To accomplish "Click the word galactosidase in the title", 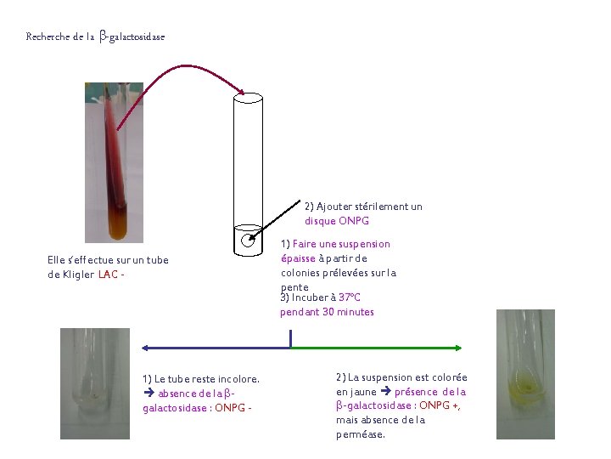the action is coord(137,37).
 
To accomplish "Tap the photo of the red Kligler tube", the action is coord(114,161).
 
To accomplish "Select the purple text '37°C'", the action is coord(350,297).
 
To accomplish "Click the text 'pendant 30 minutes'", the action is coord(327,312).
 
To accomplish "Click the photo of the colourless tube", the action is coord(94,382).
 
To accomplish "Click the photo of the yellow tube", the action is coord(524,374).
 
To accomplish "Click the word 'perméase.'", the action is coord(361,434).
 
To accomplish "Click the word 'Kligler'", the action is coord(80,274).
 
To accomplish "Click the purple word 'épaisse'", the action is coord(298,258).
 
